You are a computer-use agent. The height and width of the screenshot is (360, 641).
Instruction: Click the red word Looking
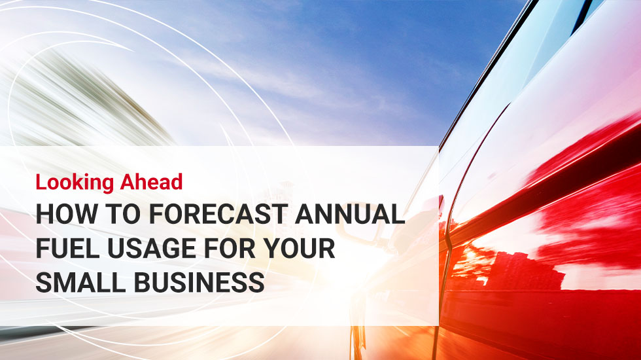tap(75, 183)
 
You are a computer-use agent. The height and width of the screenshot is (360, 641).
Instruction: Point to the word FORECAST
tap(218, 213)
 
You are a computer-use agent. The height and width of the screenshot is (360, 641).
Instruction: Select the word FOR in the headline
tap(230, 248)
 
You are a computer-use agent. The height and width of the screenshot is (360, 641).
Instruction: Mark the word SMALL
tap(80, 282)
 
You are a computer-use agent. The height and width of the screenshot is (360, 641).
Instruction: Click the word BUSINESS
tap(199, 282)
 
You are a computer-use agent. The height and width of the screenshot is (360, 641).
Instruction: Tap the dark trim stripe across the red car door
tap(544, 192)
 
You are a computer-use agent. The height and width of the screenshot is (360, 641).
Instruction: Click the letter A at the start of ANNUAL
tap(305, 213)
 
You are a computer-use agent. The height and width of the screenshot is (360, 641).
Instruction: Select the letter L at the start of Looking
tap(41, 182)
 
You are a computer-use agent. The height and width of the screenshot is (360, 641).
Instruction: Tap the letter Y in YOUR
tap(272, 248)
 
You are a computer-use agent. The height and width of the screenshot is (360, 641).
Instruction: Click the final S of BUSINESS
tap(256, 282)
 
